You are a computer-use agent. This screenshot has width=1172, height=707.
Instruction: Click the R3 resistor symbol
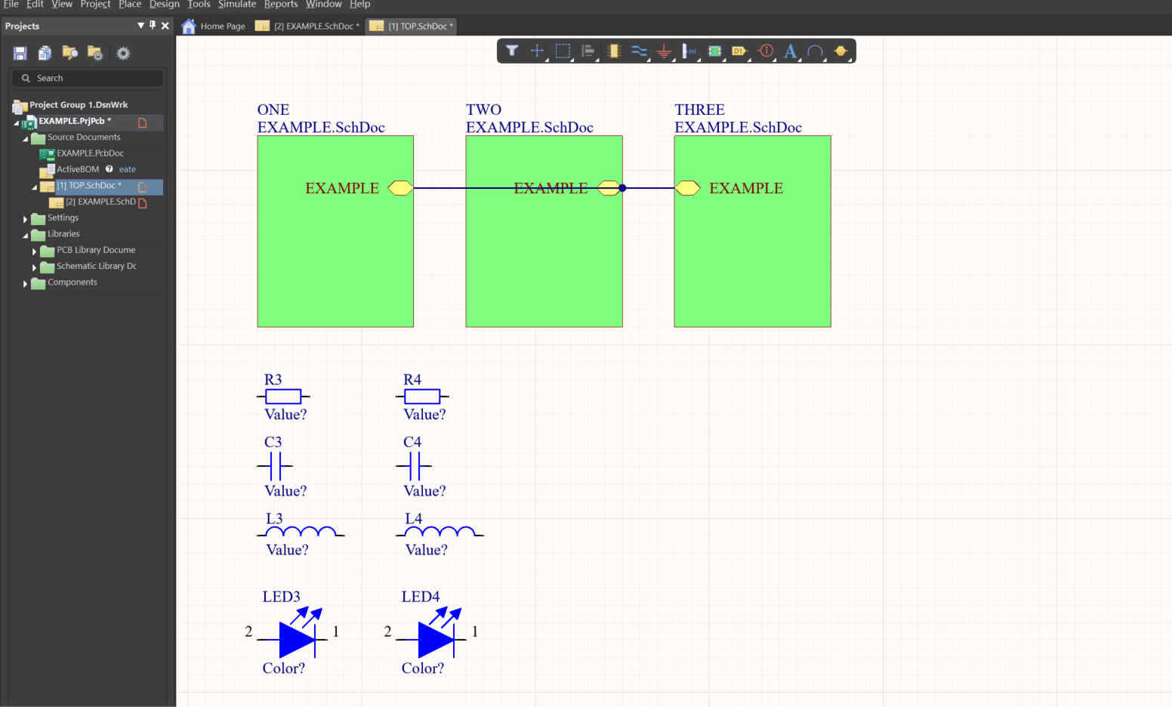tap(283, 397)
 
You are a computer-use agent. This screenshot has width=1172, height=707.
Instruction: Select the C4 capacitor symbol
tap(413, 467)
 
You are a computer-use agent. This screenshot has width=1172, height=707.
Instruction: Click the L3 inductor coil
tap(302, 533)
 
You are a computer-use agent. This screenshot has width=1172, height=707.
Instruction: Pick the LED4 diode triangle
tap(435, 639)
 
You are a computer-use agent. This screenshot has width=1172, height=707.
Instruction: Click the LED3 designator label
tap(281, 597)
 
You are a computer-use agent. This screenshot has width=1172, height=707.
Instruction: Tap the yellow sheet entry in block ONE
tap(400, 188)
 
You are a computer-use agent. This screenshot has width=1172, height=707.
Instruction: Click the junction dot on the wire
tap(622, 188)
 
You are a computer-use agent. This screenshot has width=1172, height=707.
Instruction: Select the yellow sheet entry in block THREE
tap(687, 188)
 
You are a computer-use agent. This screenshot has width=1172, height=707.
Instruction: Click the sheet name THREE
tap(699, 110)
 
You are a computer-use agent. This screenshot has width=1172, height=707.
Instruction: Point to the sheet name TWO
tap(483, 110)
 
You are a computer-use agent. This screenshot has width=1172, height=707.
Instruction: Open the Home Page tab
tap(214, 26)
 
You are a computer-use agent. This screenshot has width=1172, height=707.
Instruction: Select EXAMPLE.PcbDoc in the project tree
tap(90, 153)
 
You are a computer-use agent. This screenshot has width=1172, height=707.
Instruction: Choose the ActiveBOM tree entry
tap(78, 170)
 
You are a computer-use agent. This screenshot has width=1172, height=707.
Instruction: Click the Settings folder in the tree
tap(63, 218)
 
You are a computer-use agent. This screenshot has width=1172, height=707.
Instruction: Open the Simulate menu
tap(237, 5)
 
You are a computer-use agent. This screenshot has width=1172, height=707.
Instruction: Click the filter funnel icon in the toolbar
tap(512, 51)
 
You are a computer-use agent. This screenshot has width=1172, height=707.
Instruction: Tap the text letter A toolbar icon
tap(790, 51)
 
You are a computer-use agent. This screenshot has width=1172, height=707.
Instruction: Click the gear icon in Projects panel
tap(123, 53)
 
